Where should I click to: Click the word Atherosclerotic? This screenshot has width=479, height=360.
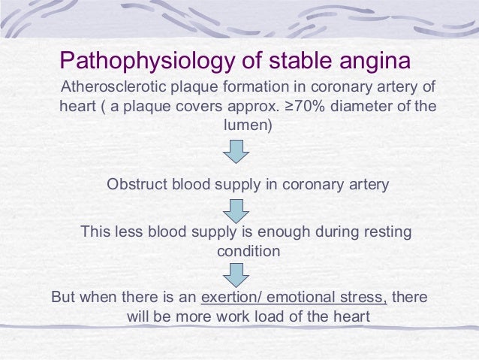click(113, 86)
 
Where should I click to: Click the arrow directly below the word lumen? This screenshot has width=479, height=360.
click(236, 153)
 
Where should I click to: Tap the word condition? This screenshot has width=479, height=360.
click(249, 251)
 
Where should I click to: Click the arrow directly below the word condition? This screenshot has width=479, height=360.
click(236, 274)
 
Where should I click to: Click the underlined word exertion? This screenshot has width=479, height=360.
click(229, 297)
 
